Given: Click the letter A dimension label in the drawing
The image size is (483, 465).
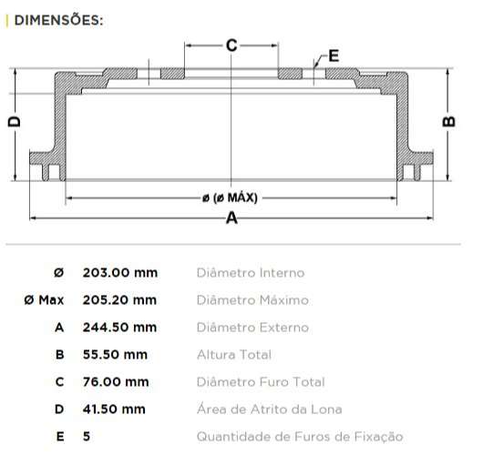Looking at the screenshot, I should pyautogui.click(x=231, y=218).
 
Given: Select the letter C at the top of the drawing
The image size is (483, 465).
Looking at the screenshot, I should pyautogui.click(x=231, y=45).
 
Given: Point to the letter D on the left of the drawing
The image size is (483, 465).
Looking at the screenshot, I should pyautogui.click(x=14, y=121).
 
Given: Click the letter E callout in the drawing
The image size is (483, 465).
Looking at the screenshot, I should pyautogui.click(x=333, y=56).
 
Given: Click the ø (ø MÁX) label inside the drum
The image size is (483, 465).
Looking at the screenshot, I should pyautogui.click(x=231, y=197).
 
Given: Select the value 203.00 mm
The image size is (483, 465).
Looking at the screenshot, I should pyautogui.click(x=120, y=272).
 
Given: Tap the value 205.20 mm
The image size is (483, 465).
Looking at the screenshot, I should pyautogui.click(x=120, y=299).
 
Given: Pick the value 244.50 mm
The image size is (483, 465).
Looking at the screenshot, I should pyautogui.click(x=120, y=327).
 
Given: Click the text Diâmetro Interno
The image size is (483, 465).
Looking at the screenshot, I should pyautogui.click(x=251, y=272).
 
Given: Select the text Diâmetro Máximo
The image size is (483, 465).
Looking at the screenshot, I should pyautogui.click(x=252, y=299).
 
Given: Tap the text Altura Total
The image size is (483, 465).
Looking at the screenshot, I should pyautogui.click(x=234, y=354).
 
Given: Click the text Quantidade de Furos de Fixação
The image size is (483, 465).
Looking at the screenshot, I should pyautogui.click(x=300, y=436).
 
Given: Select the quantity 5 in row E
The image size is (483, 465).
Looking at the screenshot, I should pyautogui.click(x=87, y=436).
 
